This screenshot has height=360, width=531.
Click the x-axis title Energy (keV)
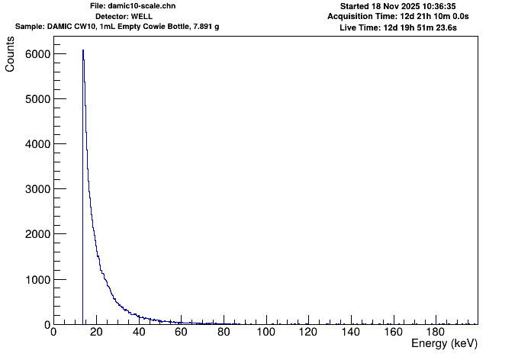click(x=444, y=344)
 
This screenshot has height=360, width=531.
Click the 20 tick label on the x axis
click(x=95, y=333)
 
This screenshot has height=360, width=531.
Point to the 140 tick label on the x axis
click(x=350, y=333)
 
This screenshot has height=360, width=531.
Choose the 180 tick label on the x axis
click(x=436, y=333)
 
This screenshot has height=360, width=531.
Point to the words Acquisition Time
click(x=362, y=16)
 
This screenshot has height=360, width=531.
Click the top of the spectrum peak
click(x=83, y=50)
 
